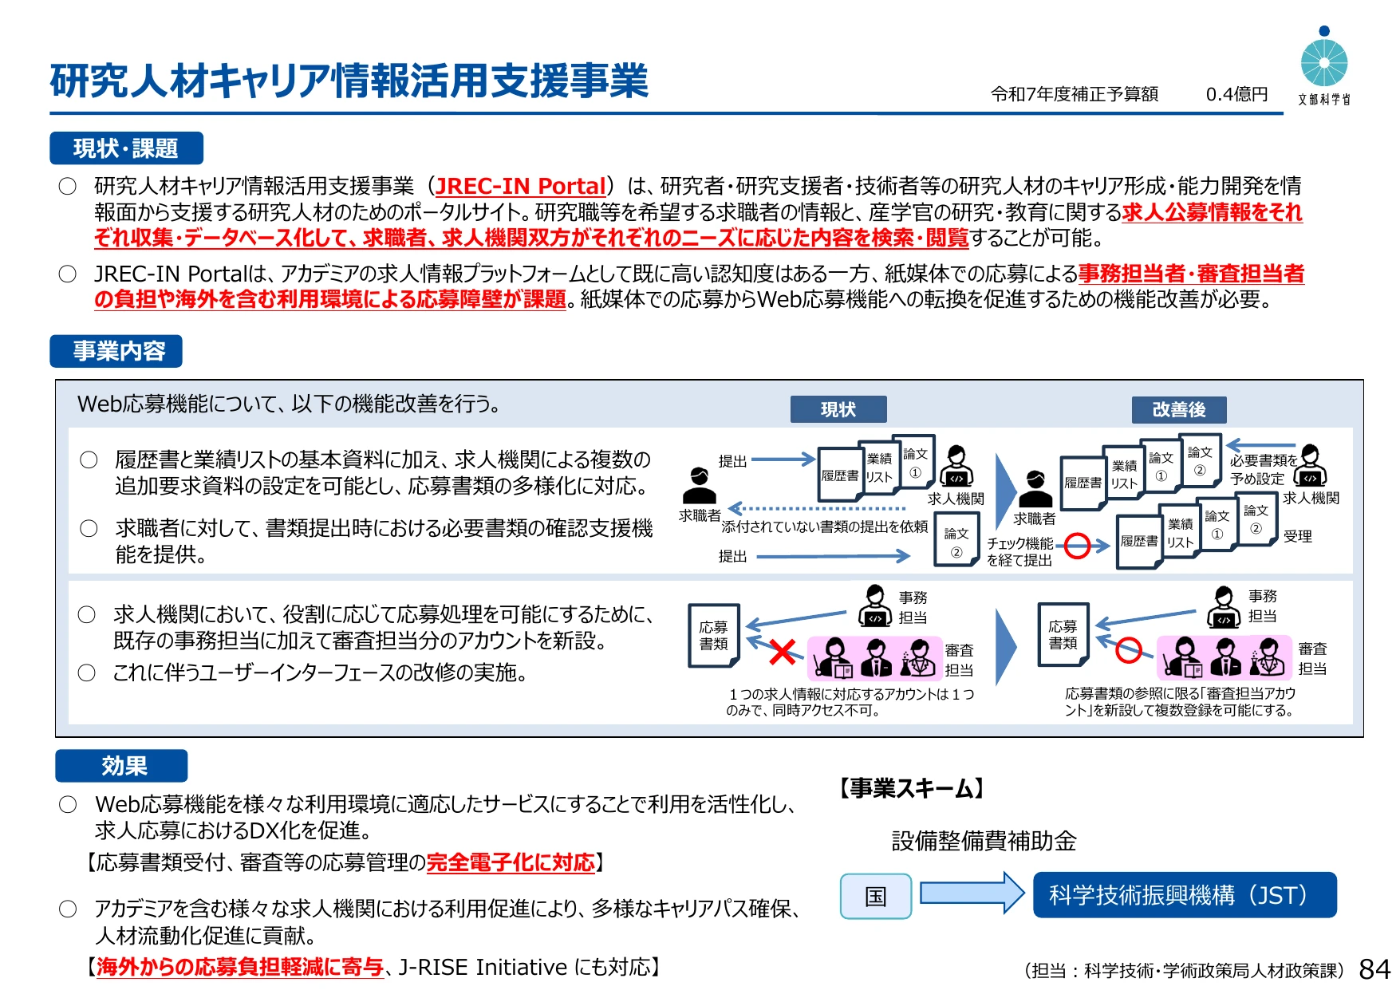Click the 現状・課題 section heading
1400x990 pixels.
click(x=126, y=148)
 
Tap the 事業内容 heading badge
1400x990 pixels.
click(x=116, y=351)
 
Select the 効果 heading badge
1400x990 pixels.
click(x=121, y=766)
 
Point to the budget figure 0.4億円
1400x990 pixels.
click(x=1236, y=94)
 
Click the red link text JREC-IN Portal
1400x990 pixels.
click(x=521, y=186)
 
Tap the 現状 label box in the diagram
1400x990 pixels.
click(x=838, y=409)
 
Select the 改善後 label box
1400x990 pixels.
click(x=1179, y=409)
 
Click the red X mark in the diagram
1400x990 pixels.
click(x=783, y=652)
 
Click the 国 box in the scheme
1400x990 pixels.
click(x=876, y=896)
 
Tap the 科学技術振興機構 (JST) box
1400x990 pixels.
click(x=1185, y=895)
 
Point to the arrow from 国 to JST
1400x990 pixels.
click(x=972, y=892)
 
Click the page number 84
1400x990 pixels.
click(x=1374, y=969)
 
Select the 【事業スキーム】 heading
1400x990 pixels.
click(x=911, y=789)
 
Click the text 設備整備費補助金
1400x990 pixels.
click(x=984, y=841)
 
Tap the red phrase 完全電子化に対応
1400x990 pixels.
click(x=511, y=862)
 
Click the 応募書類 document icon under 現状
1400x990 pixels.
click(x=714, y=635)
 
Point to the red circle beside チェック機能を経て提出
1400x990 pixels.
click(x=1078, y=546)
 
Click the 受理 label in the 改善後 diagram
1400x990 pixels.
click(x=1298, y=536)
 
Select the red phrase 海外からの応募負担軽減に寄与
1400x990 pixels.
click(x=240, y=967)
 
